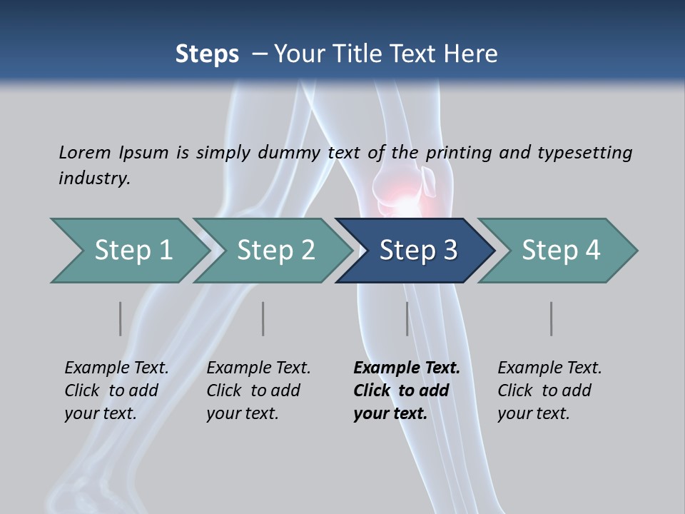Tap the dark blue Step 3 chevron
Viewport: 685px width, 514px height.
tap(418, 251)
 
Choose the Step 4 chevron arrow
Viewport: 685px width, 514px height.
tap(561, 251)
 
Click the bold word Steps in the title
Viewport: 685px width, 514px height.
tap(207, 54)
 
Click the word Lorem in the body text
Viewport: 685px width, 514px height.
tap(85, 152)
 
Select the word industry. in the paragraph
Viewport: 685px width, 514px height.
tap(94, 178)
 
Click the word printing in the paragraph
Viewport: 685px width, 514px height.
tap(452, 152)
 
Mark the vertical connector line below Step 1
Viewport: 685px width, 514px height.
tap(121, 318)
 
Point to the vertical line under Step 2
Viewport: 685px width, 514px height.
tap(263, 318)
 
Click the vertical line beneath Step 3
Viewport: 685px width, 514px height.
tap(407, 318)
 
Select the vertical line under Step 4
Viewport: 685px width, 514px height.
tap(552, 318)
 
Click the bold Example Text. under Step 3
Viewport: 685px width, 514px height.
tap(407, 368)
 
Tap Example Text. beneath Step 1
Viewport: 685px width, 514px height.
tap(116, 368)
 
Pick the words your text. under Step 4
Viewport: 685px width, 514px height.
tap(533, 414)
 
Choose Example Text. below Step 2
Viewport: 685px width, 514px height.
tap(258, 368)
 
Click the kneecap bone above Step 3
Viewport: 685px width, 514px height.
tap(429, 183)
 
